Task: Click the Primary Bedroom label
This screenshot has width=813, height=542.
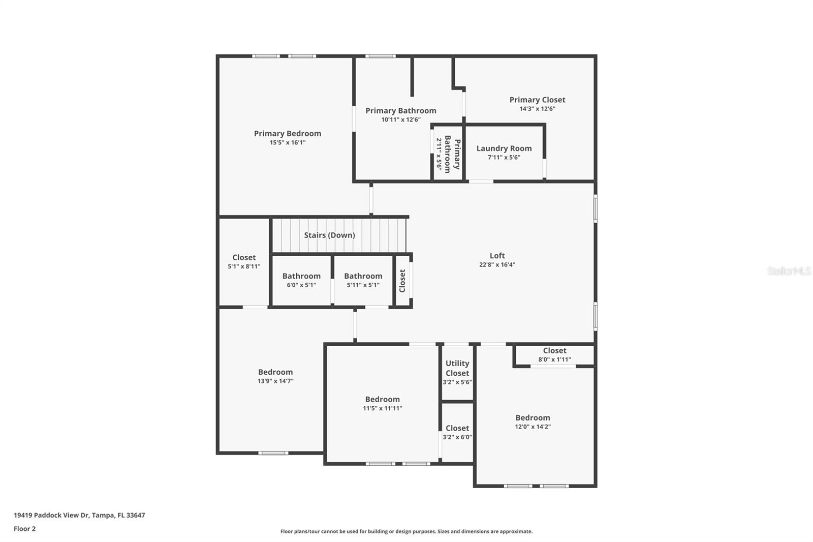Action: [x=288, y=134]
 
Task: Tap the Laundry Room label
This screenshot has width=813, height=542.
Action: [x=504, y=148]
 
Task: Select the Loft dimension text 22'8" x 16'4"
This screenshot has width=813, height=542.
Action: [x=497, y=264]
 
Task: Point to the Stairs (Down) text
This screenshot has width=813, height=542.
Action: [x=329, y=235]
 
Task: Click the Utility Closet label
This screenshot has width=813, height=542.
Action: [x=457, y=368]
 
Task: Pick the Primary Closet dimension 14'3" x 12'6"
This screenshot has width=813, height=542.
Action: [x=537, y=109]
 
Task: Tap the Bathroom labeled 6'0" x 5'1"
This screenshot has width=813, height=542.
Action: [x=301, y=277]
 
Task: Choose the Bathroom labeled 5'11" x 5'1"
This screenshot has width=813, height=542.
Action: [x=363, y=277]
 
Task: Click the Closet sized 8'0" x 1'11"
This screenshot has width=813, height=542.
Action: [x=554, y=351]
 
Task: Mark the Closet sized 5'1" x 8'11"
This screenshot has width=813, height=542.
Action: [x=244, y=258]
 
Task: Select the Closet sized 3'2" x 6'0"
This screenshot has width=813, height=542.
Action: [x=457, y=429]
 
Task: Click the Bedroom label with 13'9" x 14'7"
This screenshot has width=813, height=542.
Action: [x=275, y=372]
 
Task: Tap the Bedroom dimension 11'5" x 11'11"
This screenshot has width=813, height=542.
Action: [x=382, y=408]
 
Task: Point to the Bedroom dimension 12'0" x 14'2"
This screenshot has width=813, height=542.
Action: [x=533, y=427]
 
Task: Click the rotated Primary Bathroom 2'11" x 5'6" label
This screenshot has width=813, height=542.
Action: [x=448, y=154]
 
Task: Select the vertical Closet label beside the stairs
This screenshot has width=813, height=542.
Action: [x=402, y=281]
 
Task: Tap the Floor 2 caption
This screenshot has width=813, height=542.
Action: [x=24, y=529]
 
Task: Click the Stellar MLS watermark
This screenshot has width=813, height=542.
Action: [x=789, y=271]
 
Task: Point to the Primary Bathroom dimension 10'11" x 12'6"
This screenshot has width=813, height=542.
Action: [x=401, y=120]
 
